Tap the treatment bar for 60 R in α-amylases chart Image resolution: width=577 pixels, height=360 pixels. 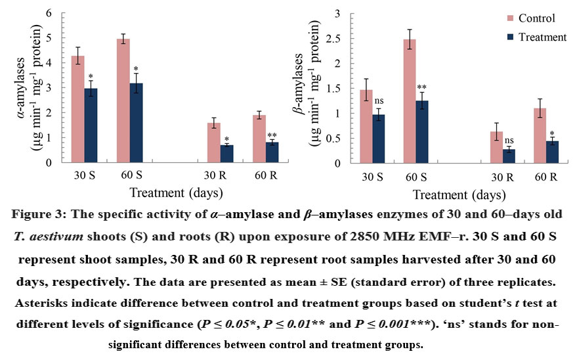(x=272, y=152)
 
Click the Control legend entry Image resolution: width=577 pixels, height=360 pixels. (x=530, y=18)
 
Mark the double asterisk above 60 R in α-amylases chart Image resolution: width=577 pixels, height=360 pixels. (x=272, y=135)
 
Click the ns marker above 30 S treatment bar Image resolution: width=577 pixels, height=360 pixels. (x=378, y=101)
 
